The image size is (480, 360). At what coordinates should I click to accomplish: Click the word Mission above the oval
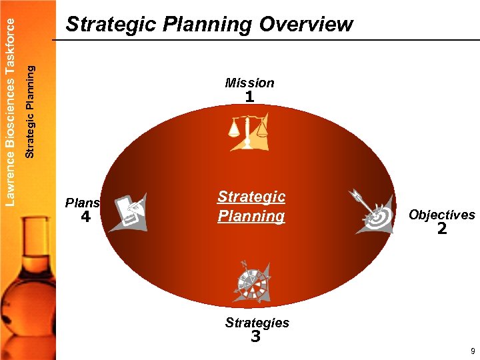[249, 83]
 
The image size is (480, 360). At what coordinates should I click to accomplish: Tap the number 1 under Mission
[249, 97]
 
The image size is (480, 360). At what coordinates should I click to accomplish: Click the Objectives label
[441, 215]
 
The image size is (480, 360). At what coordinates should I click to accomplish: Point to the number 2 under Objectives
[441, 230]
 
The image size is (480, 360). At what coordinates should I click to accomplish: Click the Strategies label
[257, 323]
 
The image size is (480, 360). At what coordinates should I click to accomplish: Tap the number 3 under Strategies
[255, 337]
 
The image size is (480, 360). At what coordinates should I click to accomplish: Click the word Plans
[82, 203]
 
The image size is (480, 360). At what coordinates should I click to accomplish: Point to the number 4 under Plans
[85, 217]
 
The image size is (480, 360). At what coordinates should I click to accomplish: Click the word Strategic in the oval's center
[251, 197]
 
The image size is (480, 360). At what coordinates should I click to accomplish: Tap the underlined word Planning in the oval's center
[251, 216]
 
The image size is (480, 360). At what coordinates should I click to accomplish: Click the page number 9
[472, 351]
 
